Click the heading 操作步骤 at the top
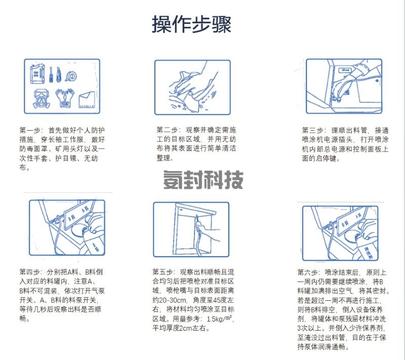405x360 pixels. (191, 24)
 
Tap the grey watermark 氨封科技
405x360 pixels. (204, 180)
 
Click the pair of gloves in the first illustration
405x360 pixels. (65, 98)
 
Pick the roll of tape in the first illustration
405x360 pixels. (71, 76)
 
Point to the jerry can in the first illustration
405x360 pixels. (37, 74)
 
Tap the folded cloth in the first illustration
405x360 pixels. (87, 100)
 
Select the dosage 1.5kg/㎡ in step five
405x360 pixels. (219, 318)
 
